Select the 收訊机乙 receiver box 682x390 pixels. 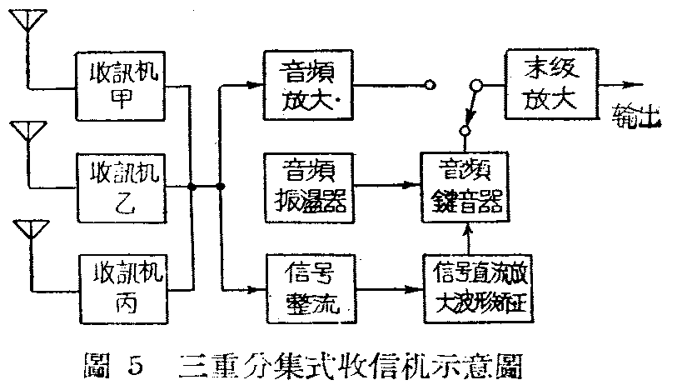(122, 185)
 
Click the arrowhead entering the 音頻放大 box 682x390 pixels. (256, 84)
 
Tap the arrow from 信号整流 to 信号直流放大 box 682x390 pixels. (413, 288)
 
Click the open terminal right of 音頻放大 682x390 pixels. (429, 84)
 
